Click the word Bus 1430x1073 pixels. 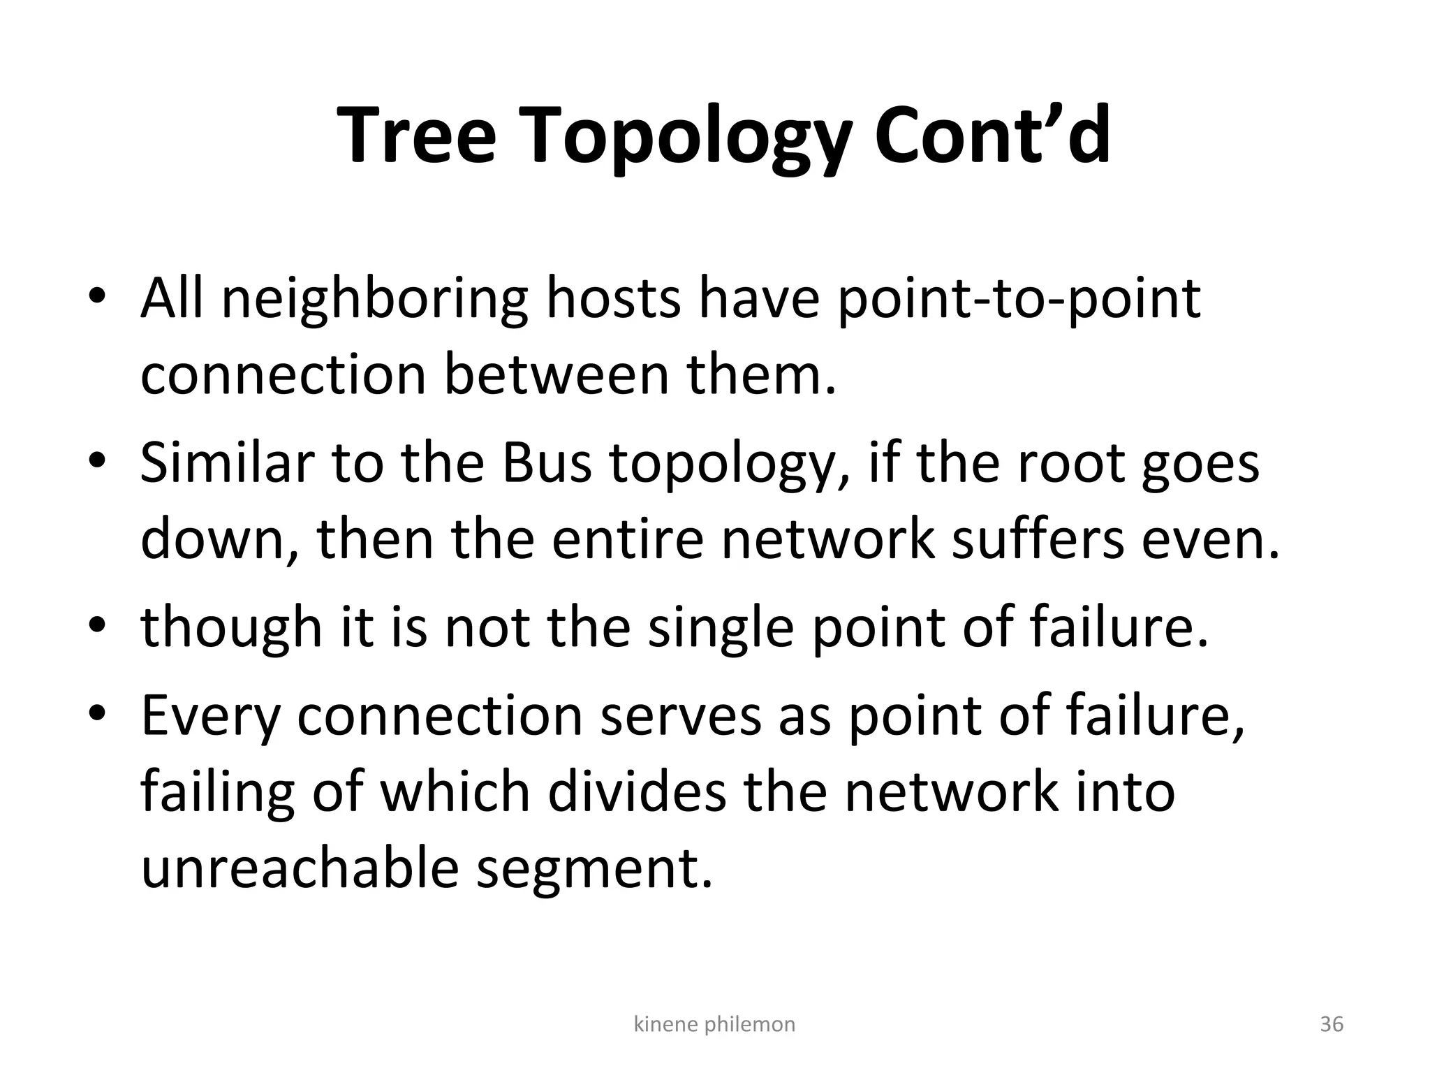(546, 463)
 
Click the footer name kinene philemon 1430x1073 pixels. (714, 1024)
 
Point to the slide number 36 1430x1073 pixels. (1331, 1024)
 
